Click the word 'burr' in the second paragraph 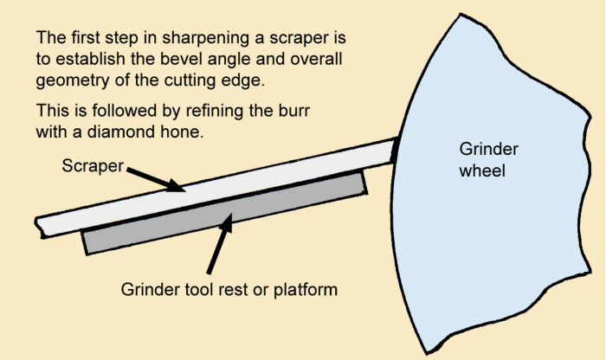[x=319, y=112]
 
